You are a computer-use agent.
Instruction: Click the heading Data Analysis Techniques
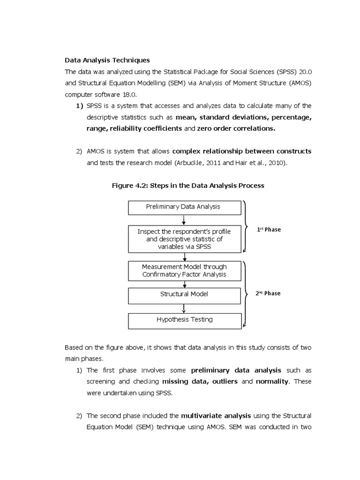pyautogui.click(x=107, y=60)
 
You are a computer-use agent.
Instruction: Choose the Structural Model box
pyautogui.click(x=184, y=294)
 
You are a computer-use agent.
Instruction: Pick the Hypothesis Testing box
pyautogui.click(x=184, y=320)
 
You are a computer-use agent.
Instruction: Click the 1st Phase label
pyautogui.click(x=269, y=230)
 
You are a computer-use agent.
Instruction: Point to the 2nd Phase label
pyautogui.click(x=268, y=293)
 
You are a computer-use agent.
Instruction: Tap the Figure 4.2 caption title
pyautogui.click(x=187, y=186)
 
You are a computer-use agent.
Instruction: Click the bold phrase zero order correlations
pyautogui.click(x=236, y=128)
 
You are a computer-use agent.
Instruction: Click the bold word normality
pyautogui.click(x=271, y=382)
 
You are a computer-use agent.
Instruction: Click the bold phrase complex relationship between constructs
pyautogui.click(x=241, y=151)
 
